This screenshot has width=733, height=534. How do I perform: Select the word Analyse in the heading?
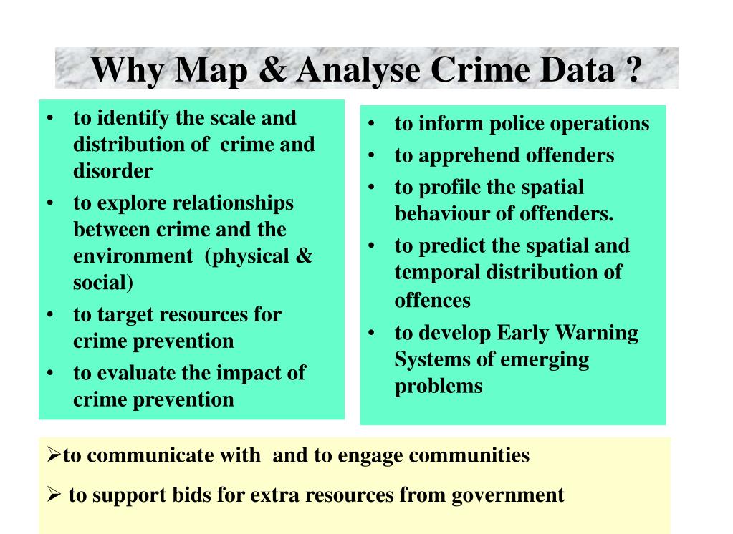click(355, 69)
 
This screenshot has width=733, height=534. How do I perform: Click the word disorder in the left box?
click(112, 171)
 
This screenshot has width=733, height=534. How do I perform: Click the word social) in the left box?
click(103, 282)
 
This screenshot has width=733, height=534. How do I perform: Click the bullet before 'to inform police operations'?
click(373, 124)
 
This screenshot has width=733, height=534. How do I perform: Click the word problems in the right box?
click(439, 386)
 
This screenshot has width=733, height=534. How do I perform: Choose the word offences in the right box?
click(433, 300)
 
